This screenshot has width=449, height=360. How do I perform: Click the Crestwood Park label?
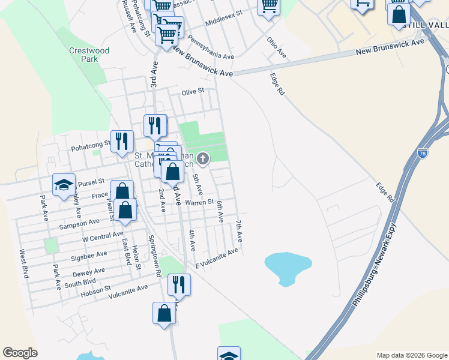tap(89, 55)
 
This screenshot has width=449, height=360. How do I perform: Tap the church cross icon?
tap(203, 159)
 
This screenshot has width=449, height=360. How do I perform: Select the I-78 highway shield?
tap(423, 153)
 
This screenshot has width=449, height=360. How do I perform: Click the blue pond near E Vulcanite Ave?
tap(288, 266)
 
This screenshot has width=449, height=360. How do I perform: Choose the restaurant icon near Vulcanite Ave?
tap(179, 284)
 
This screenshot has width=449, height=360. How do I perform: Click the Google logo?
tap(20, 353)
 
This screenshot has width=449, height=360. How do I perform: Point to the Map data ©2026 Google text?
tap(412, 355)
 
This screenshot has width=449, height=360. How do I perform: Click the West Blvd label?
tap(24, 264)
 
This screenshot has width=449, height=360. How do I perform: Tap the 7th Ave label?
tap(239, 231)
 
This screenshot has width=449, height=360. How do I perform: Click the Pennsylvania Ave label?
tap(210, 48)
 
